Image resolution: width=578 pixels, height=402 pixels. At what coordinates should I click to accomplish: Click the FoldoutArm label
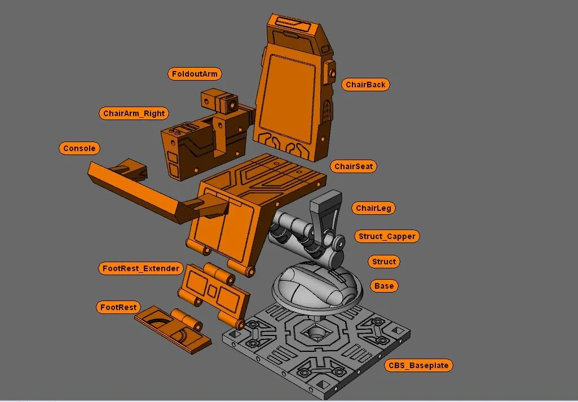[x=195, y=74]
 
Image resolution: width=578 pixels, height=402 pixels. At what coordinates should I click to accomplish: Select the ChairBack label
[x=365, y=85]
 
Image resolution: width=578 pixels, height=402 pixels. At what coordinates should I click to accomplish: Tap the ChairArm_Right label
[x=134, y=113]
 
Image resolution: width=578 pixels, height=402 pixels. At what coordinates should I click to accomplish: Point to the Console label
[x=80, y=148]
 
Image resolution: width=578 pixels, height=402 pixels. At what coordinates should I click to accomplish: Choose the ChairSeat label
[x=354, y=166]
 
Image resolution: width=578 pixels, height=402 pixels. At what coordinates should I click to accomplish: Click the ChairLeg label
[x=373, y=208]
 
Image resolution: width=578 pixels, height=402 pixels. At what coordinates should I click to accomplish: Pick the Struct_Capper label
[x=387, y=236]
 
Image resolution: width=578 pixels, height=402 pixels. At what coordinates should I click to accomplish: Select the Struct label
[x=383, y=262]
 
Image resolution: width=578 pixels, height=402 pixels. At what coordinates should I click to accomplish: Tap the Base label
[x=383, y=286]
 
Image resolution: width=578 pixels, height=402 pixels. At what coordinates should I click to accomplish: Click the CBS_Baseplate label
[x=418, y=365]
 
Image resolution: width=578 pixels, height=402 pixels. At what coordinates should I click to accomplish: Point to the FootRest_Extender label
[x=141, y=268]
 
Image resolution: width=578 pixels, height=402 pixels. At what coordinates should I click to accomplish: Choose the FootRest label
[x=118, y=307]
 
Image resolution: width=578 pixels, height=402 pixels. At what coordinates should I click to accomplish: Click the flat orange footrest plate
[x=172, y=330]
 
